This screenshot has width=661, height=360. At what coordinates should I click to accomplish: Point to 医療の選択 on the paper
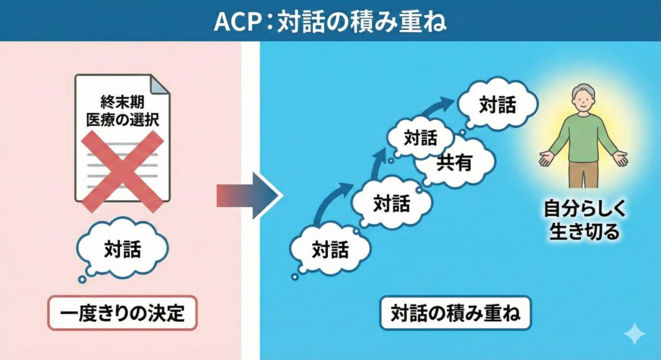click(123, 120)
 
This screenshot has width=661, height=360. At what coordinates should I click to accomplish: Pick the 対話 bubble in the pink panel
click(123, 248)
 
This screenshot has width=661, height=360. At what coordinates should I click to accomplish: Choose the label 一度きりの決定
click(122, 314)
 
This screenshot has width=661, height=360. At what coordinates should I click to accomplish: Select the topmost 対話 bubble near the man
click(498, 105)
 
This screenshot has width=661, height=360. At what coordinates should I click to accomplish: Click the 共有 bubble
click(454, 163)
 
